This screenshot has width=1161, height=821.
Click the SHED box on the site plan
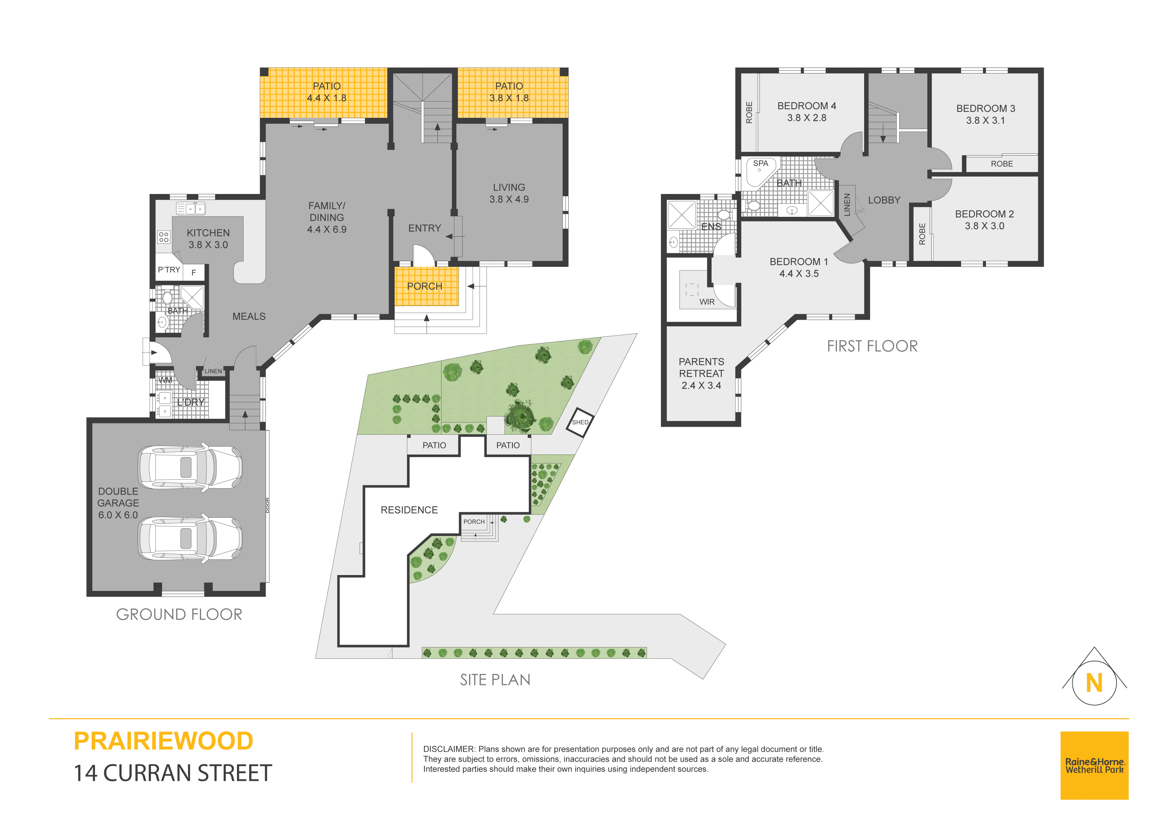[580, 422]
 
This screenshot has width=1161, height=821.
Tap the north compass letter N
[1094, 683]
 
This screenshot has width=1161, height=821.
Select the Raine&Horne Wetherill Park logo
[1094, 765]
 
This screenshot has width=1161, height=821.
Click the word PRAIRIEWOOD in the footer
[163, 741]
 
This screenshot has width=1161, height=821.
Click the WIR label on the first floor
[707, 302]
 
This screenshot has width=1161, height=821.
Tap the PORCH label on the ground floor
[425, 286]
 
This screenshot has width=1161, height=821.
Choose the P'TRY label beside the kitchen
[169, 269]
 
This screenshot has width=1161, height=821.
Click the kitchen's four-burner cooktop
[164, 237]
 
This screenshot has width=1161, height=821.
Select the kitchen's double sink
[191, 209]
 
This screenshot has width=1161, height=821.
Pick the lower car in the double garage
[190, 539]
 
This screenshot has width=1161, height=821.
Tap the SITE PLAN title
[495, 680]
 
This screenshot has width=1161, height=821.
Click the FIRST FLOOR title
[872, 346]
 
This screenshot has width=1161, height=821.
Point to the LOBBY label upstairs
[884, 200]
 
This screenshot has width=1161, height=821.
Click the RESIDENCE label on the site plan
[409, 510]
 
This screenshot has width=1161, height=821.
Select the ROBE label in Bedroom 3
[1002, 164]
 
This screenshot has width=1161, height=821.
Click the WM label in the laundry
[165, 380]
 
